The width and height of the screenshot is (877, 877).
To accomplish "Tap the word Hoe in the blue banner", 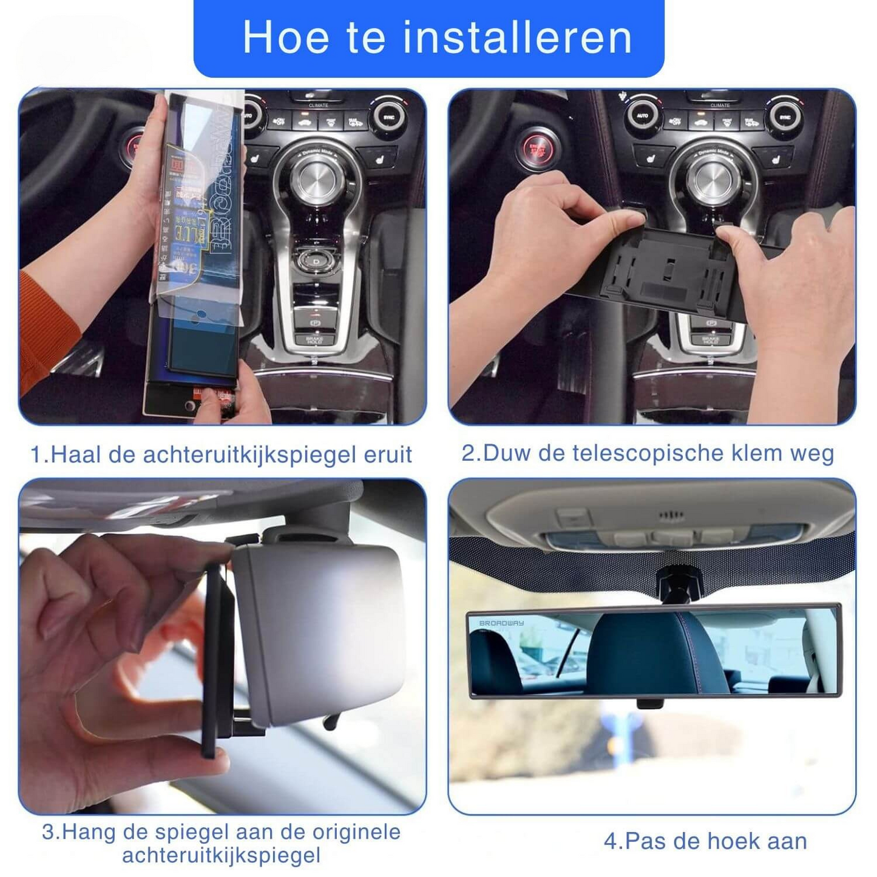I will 285,38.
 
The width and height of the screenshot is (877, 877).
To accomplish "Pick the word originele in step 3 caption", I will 356,831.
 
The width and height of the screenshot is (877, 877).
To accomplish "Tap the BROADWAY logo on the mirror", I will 501,623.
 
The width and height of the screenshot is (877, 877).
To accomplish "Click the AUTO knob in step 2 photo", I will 642,115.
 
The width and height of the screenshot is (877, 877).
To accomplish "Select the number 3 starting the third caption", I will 48,831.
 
